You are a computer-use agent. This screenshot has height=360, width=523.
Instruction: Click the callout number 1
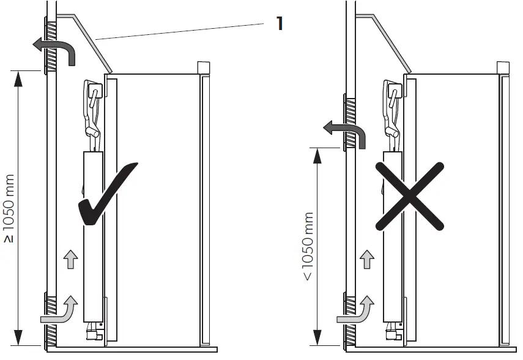click(x=279, y=24)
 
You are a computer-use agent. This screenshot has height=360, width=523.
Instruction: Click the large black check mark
click(x=109, y=195)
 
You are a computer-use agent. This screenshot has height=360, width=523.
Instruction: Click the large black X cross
click(x=410, y=196)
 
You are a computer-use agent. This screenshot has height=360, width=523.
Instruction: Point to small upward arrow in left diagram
click(x=71, y=260)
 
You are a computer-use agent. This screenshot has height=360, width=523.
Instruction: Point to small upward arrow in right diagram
click(x=366, y=260)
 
